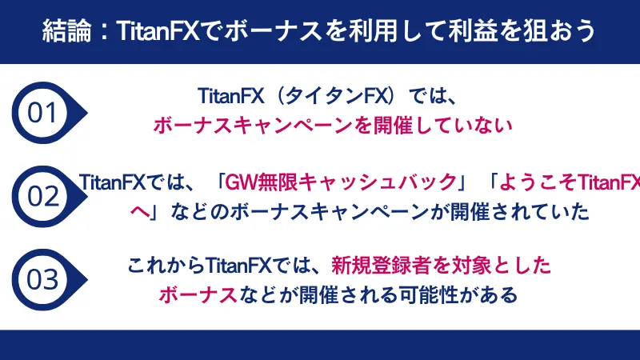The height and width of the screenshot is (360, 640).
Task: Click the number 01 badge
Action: (42, 113)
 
